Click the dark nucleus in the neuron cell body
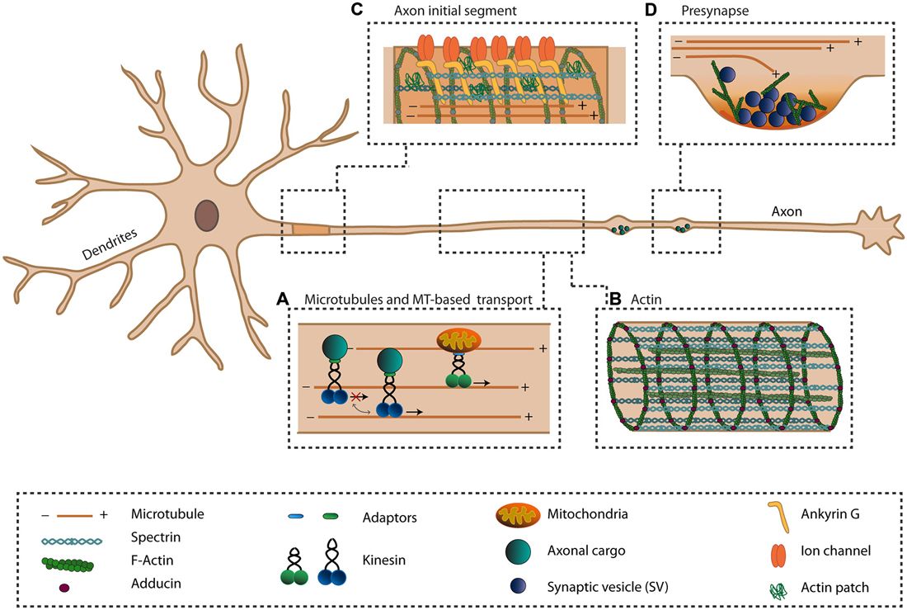click(x=206, y=216)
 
